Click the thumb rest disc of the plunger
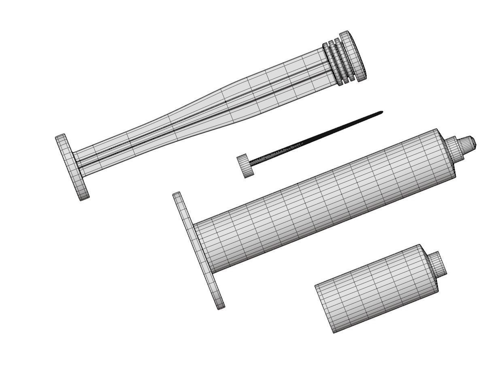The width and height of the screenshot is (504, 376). tap(72, 167)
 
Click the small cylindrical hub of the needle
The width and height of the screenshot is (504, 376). tap(245, 166)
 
